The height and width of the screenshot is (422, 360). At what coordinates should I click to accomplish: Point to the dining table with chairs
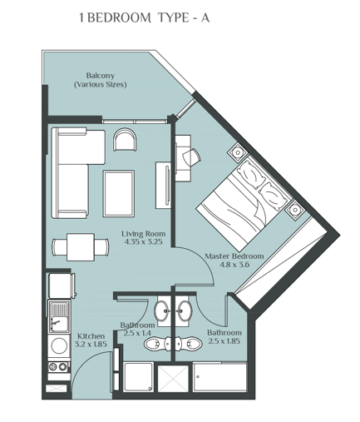81,247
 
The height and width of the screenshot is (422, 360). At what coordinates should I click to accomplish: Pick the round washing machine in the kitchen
59,345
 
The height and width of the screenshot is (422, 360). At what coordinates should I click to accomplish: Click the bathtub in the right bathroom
219,379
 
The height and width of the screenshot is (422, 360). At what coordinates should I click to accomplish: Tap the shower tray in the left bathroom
139,380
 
